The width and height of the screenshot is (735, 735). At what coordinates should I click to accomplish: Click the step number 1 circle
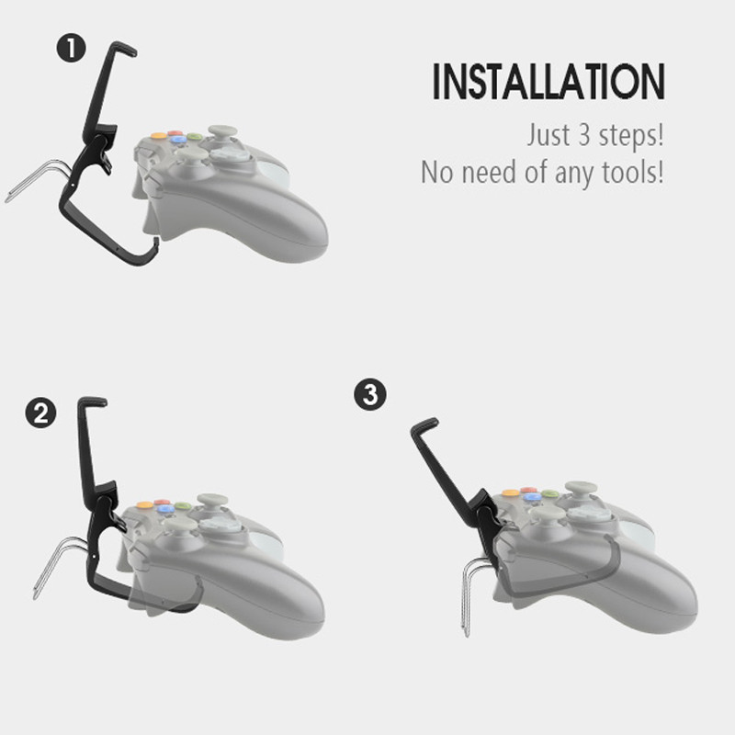coord(72,49)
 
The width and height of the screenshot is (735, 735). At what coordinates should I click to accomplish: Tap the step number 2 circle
coord(40,413)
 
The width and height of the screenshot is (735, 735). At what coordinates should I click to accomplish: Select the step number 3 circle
coord(370,395)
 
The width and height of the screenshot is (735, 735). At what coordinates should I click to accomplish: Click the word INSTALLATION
coord(548,82)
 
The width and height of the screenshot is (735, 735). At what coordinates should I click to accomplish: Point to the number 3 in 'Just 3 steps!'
coord(584,135)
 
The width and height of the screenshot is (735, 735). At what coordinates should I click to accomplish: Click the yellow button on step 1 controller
coord(159,136)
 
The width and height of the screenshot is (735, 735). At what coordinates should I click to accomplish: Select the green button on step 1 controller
coord(195,137)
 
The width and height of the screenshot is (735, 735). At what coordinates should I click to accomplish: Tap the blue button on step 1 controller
coord(176,140)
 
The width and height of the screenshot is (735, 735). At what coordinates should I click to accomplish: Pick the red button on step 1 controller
coord(175,133)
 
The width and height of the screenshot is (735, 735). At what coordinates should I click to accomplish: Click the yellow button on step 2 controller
coord(144,504)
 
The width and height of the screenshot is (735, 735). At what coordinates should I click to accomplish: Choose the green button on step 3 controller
coord(550,494)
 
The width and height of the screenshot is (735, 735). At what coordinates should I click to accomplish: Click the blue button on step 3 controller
coord(532,497)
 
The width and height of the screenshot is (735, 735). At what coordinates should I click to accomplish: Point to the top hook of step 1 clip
coord(123,48)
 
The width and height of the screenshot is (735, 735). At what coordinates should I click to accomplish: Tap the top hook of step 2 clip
coord(93,401)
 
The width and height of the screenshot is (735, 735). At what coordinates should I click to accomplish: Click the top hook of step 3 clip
coord(424,426)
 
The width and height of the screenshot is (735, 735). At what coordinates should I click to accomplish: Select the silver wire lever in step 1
coord(38,180)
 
